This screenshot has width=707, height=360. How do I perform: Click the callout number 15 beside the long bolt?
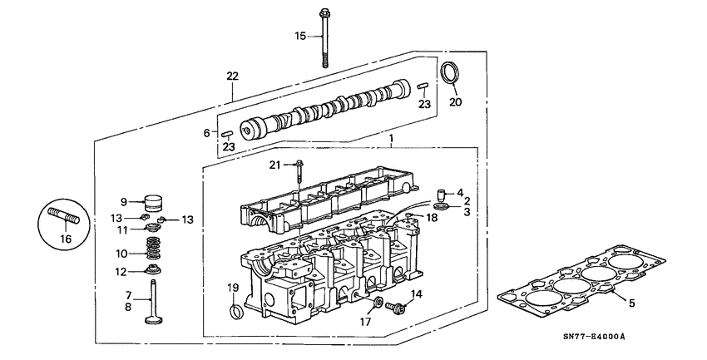tap(301, 36)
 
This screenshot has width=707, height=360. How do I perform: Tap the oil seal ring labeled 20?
tap(449, 73)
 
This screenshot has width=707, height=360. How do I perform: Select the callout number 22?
tap(232, 76)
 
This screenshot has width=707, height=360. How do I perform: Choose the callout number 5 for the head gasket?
tap(631, 303)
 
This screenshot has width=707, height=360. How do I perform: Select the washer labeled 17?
tap(376, 303)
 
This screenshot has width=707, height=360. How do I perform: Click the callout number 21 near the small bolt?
tap(275, 165)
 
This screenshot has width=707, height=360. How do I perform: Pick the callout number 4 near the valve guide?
tap(460, 193)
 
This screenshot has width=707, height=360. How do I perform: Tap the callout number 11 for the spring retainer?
tap(121, 229)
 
